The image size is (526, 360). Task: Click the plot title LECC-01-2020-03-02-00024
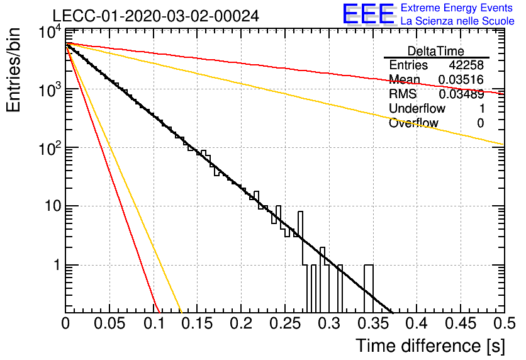[x=156, y=16]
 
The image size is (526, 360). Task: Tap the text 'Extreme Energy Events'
[x=457, y=8]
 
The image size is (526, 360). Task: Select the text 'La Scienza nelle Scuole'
[x=457, y=21]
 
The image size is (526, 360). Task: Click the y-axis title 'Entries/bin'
[x=13, y=70]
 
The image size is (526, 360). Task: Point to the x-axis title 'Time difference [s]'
[x=430, y=346]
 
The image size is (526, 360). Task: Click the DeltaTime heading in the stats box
[x=436, y=51]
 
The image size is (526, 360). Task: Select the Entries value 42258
[x=466, y=65]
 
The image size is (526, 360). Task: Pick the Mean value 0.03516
[x=461, y=80]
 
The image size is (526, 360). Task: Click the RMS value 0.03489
[x=461, y=94]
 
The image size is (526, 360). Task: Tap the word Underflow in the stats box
[x=417, y=108]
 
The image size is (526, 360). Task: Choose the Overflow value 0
[x=480, y=123]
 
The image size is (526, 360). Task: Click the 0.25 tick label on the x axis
[x=284, y=323]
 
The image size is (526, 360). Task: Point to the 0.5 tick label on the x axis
[x=504, y=323]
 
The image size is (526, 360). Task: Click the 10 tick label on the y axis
[x=53, y=206]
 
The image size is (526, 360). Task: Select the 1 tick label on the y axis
[x=57, y=265]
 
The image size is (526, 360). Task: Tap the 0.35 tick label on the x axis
[x=372, y=323]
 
